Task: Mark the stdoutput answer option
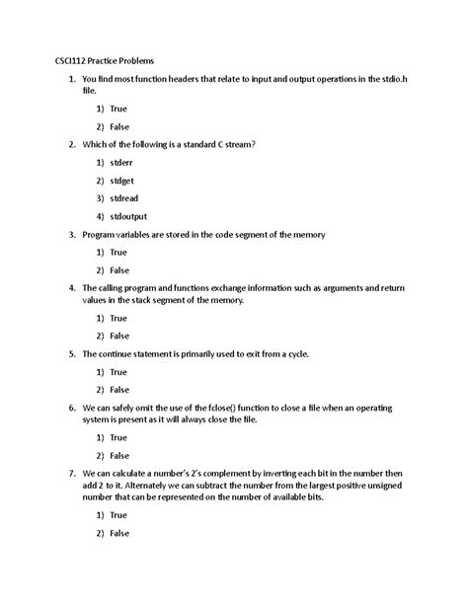pos(129,216)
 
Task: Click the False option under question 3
pos(119,269)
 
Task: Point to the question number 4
pos(71,287)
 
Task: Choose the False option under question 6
pos(119,455)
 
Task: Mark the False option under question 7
pos(119,533)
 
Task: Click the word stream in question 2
pos(235,143)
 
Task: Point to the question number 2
pos(71,143)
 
